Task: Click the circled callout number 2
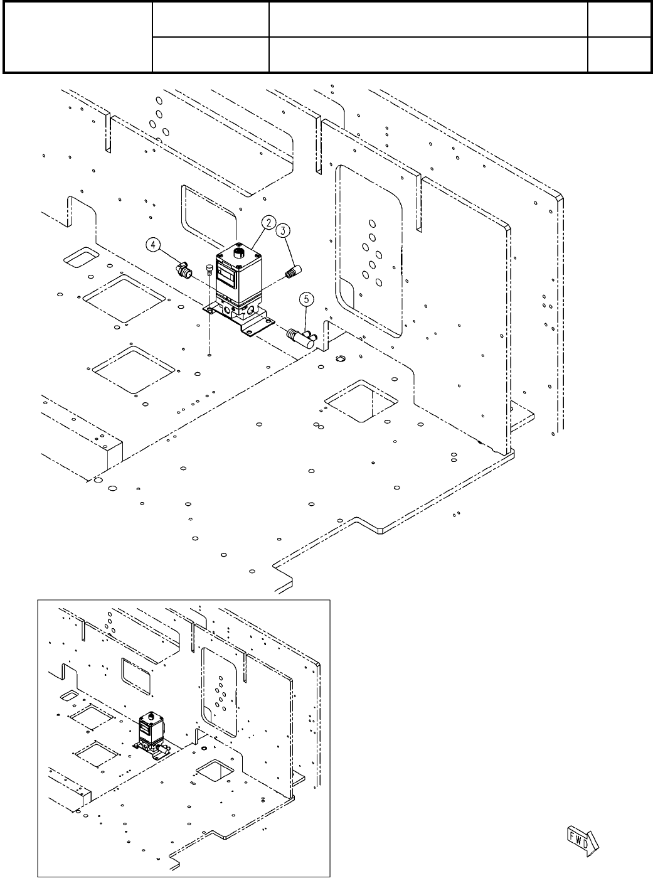268,222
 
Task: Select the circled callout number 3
284,230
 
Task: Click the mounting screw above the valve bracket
209,271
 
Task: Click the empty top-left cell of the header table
78,37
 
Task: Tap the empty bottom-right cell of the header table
618,54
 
